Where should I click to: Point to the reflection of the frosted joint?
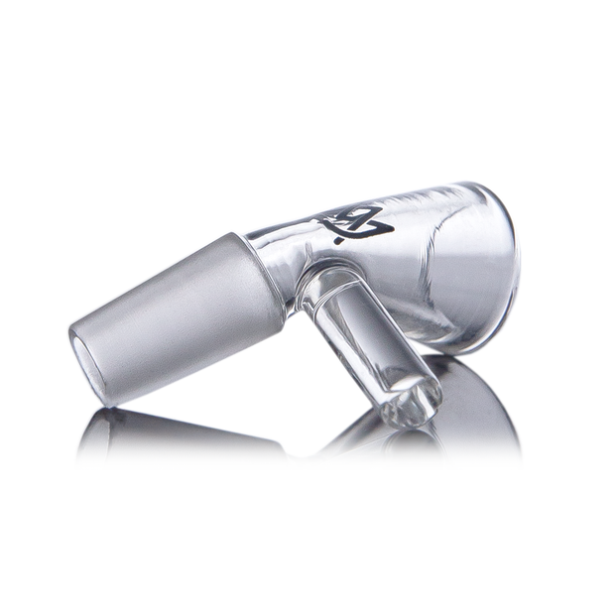coord(169,431)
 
